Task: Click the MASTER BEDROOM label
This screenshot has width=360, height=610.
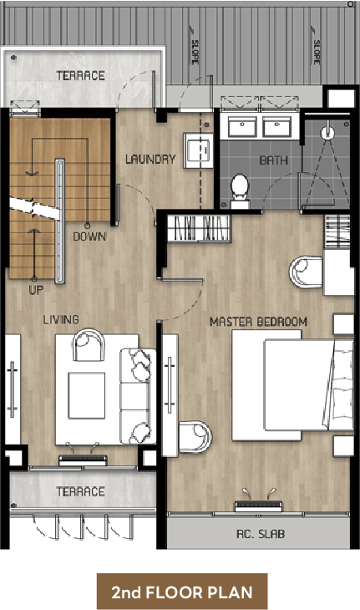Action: click(x=258, y=322)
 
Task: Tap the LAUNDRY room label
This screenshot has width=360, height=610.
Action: click(x=150, y=159)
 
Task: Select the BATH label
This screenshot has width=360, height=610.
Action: click(x=273, y=160)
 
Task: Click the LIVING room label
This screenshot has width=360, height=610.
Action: click(x=61, y=320)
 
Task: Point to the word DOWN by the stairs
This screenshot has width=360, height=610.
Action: click(x=89, y=236)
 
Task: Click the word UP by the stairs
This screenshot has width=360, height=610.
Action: click(x=36, y=290)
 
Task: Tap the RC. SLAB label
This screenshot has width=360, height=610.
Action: click(x=261, y=534)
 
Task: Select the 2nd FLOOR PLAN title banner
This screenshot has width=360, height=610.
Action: click(x=182, y=592)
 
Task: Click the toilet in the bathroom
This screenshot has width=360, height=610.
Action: click(x=240, y=191)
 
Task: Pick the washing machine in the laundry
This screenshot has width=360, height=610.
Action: click(x=198, y=150)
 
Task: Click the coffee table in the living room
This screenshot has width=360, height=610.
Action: click(x=87, y=395)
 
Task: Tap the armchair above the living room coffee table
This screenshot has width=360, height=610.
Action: click(x=89, y=344)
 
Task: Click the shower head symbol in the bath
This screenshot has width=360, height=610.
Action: click(x=327, y=133)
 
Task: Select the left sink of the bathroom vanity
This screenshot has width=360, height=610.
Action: click(x=242, y=127)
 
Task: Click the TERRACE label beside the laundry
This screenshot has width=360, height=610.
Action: click(x=80, y=75)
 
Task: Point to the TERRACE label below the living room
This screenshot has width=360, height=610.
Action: click(x=80, y=491)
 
